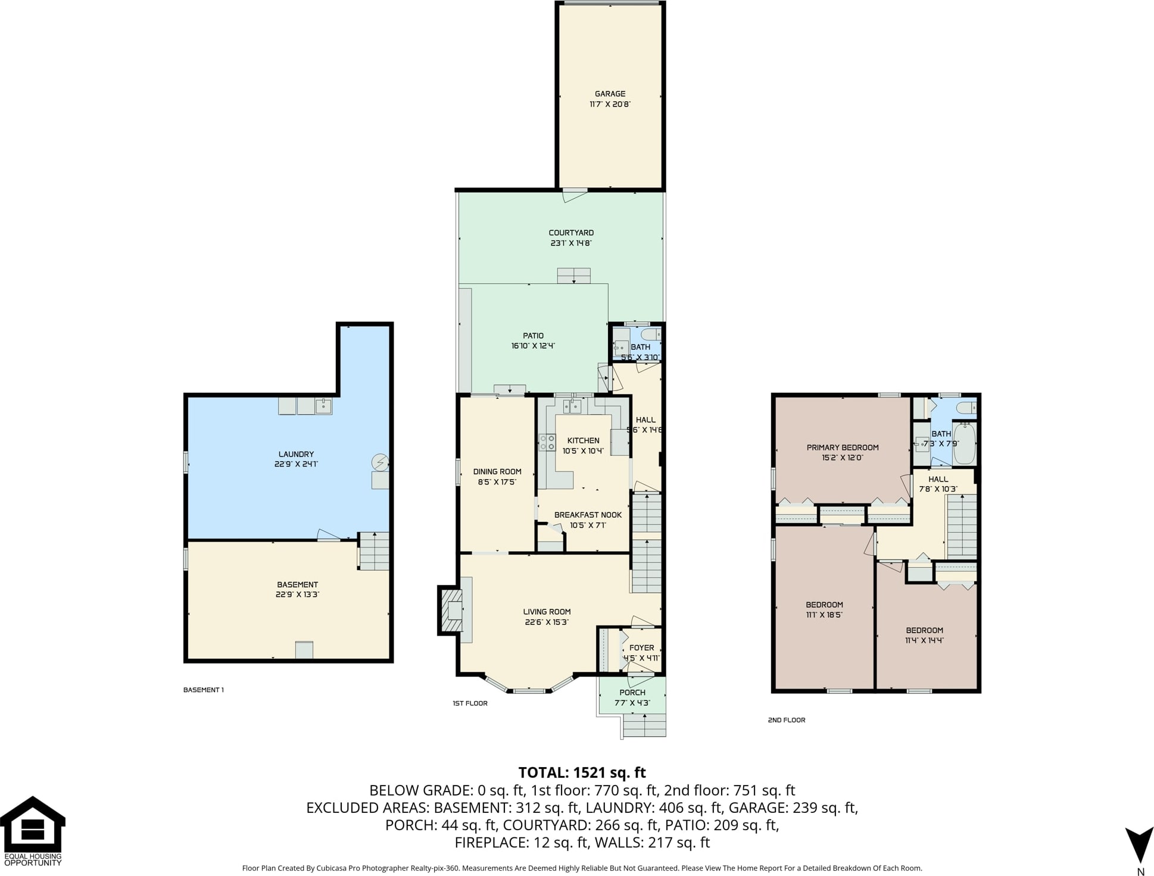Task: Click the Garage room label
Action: [x=610, y=93]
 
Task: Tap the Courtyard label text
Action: [x=571, y=233]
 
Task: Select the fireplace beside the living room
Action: [x=451, y=611]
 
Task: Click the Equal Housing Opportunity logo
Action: [x=32, y=831]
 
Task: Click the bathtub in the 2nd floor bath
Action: [x=964, y=443]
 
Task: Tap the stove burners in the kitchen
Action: [x=547, y=442]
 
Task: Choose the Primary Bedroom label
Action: [x=843, y=448]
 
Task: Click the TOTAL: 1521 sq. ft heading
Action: [x=582, y=772]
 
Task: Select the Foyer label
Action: [x=641, y=647]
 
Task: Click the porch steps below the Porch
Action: [x=644, y=725]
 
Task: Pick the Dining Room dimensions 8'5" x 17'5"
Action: [x=497, y=482]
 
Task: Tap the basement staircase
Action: [x=374, y=551]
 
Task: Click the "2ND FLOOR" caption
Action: [x=787, y=720]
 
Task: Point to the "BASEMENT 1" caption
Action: [x=204, y=690]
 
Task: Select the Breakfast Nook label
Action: [x=588, y=515]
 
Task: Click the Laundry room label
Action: [x=296, y=454]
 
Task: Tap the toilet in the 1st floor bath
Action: [x=651, y=334]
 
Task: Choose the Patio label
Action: [x=533, y=336]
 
